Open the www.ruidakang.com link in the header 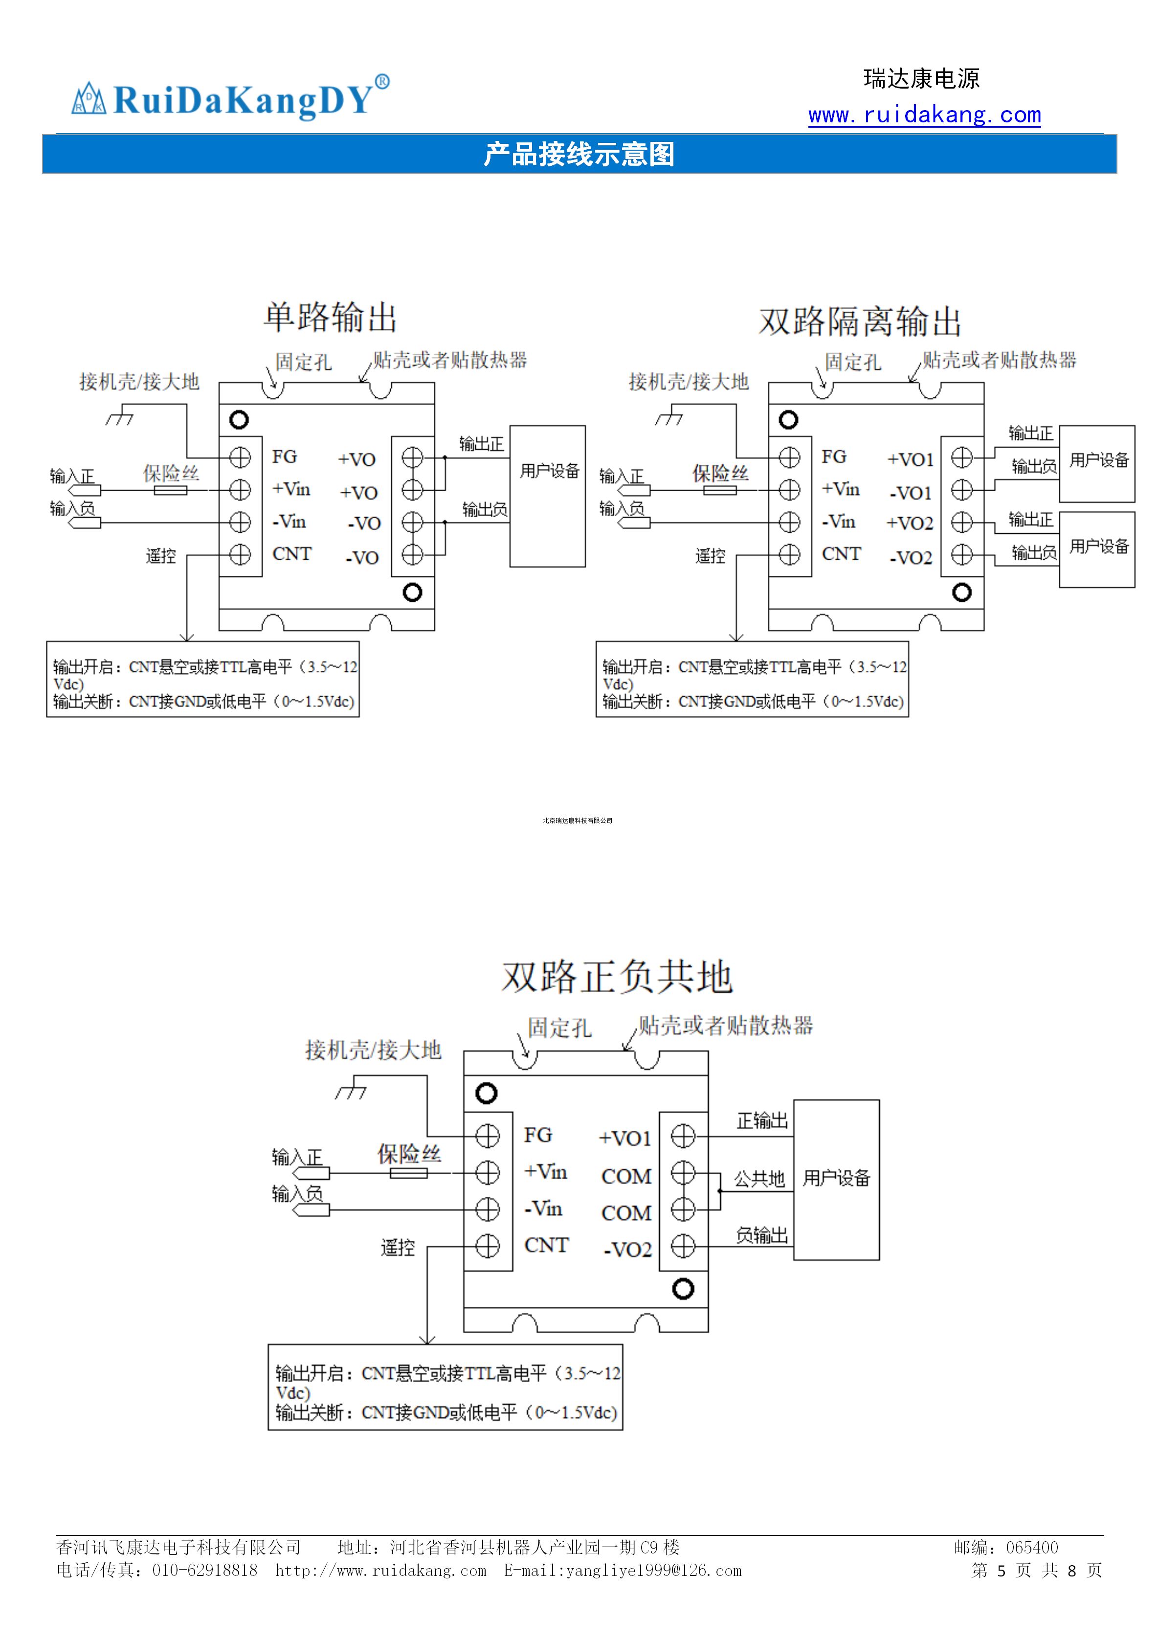(924, 114)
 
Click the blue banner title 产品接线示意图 (579, 154)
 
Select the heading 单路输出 (330, 317)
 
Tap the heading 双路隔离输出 (860, 321)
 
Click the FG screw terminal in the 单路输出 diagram (240, 457)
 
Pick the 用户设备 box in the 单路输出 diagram (548, 496)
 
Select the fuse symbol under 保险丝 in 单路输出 (171, 490)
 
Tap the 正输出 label (762, 1120)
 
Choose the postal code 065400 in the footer (1032, 1548)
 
